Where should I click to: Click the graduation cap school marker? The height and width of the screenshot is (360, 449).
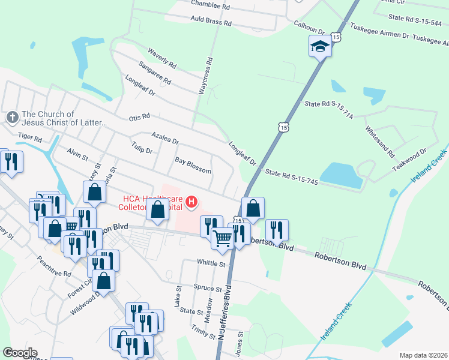click(321, 46)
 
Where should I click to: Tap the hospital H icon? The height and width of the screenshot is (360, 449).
click(191, 202)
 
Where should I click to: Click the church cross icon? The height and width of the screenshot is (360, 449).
click(12, 117)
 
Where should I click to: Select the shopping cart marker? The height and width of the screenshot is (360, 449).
click(222, 238)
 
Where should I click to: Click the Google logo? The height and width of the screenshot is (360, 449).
click(20, 353)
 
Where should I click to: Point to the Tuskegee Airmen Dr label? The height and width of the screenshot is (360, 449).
click(379, 35)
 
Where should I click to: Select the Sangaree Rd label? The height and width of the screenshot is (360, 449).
click(154, 74)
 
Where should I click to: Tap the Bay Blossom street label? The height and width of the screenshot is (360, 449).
click(193, 166)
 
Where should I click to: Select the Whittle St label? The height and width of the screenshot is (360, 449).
click(211, 263)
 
